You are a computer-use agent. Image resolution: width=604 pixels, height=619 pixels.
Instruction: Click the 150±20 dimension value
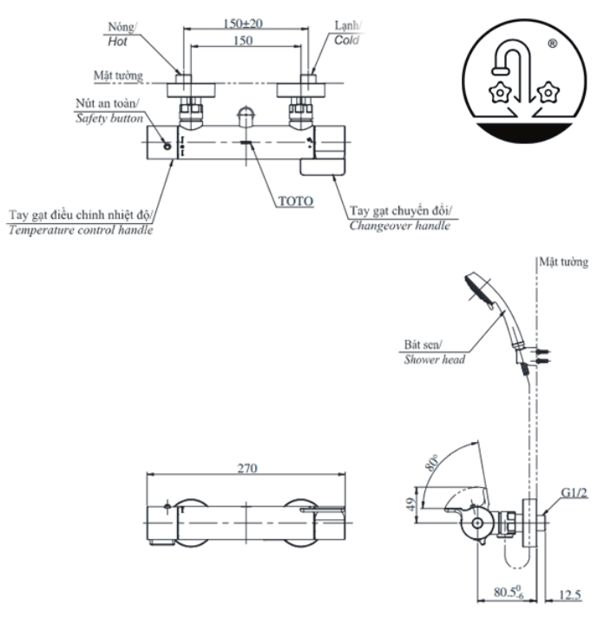[x=243, y=23]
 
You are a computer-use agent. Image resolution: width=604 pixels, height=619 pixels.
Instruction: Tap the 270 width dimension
[x=247, y=468]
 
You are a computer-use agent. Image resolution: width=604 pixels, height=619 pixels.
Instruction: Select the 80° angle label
[x=432, y=463]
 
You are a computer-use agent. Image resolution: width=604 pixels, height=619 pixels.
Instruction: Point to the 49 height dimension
[x=410, y=504]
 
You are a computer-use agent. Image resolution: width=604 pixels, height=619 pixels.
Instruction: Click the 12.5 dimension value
[x=569, y=594]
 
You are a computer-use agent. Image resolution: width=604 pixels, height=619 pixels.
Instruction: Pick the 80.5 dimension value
[x=509, y=592]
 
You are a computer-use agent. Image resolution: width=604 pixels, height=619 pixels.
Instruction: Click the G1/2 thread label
[x=574, y=492]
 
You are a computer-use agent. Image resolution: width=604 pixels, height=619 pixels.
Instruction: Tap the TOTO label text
[x=296, y=201]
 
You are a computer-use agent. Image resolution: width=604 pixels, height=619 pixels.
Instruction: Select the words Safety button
[x=109, y=118]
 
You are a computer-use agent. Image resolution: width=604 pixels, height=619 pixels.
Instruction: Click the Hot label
[x=117, y=42]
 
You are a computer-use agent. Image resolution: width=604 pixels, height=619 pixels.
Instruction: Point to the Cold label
[x=347, y=40]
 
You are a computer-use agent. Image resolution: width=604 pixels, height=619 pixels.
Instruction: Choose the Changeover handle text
[x=400, y=226]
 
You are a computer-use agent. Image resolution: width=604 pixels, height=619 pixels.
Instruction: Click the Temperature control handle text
[x=81, y=230]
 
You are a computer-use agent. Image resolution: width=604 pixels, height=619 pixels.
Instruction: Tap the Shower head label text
[x=435, y=359]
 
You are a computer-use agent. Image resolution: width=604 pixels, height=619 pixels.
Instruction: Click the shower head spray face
[x=478, y=292]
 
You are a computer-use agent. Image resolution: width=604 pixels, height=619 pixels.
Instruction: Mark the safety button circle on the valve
[x=167, y=146]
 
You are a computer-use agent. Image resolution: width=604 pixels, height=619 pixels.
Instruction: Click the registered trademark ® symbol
[x=553, y=43]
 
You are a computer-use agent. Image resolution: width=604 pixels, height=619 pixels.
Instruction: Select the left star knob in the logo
[x=500, y=93]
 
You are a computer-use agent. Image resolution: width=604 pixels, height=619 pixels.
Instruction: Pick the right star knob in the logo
[x=548, y=93]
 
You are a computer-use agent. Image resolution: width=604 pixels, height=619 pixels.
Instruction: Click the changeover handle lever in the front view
[x=323, y=167]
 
